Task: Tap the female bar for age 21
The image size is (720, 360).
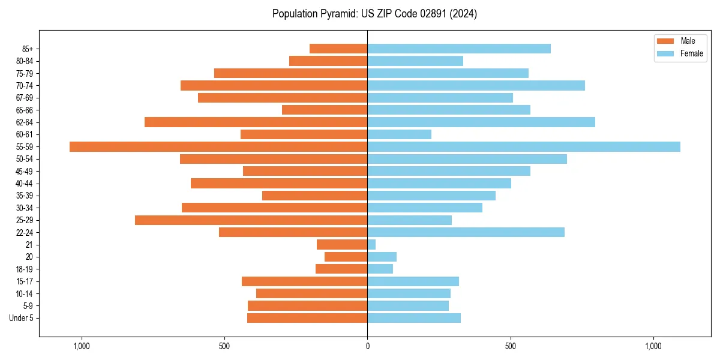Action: [371, 244]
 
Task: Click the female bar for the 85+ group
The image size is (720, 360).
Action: [459, 49]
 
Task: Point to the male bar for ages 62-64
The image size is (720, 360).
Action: [256, 122]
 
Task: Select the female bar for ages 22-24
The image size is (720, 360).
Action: [466, 232]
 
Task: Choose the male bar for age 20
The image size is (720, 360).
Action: [346, 257]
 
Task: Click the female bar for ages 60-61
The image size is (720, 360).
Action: [399, 134]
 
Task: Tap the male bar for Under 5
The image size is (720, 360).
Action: [307, 318]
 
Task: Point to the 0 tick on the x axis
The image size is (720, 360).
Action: [367, 346]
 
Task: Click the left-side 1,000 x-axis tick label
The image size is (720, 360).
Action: [81, 346]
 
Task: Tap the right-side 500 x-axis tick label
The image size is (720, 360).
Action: [510, 346]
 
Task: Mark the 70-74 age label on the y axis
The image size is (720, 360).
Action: [25, 85]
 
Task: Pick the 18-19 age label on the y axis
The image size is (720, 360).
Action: [25, 269]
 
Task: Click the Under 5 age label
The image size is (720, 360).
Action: [22, 318]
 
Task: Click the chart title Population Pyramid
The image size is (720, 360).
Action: [374, 14]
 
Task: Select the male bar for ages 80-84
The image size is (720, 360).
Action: [328, 61]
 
